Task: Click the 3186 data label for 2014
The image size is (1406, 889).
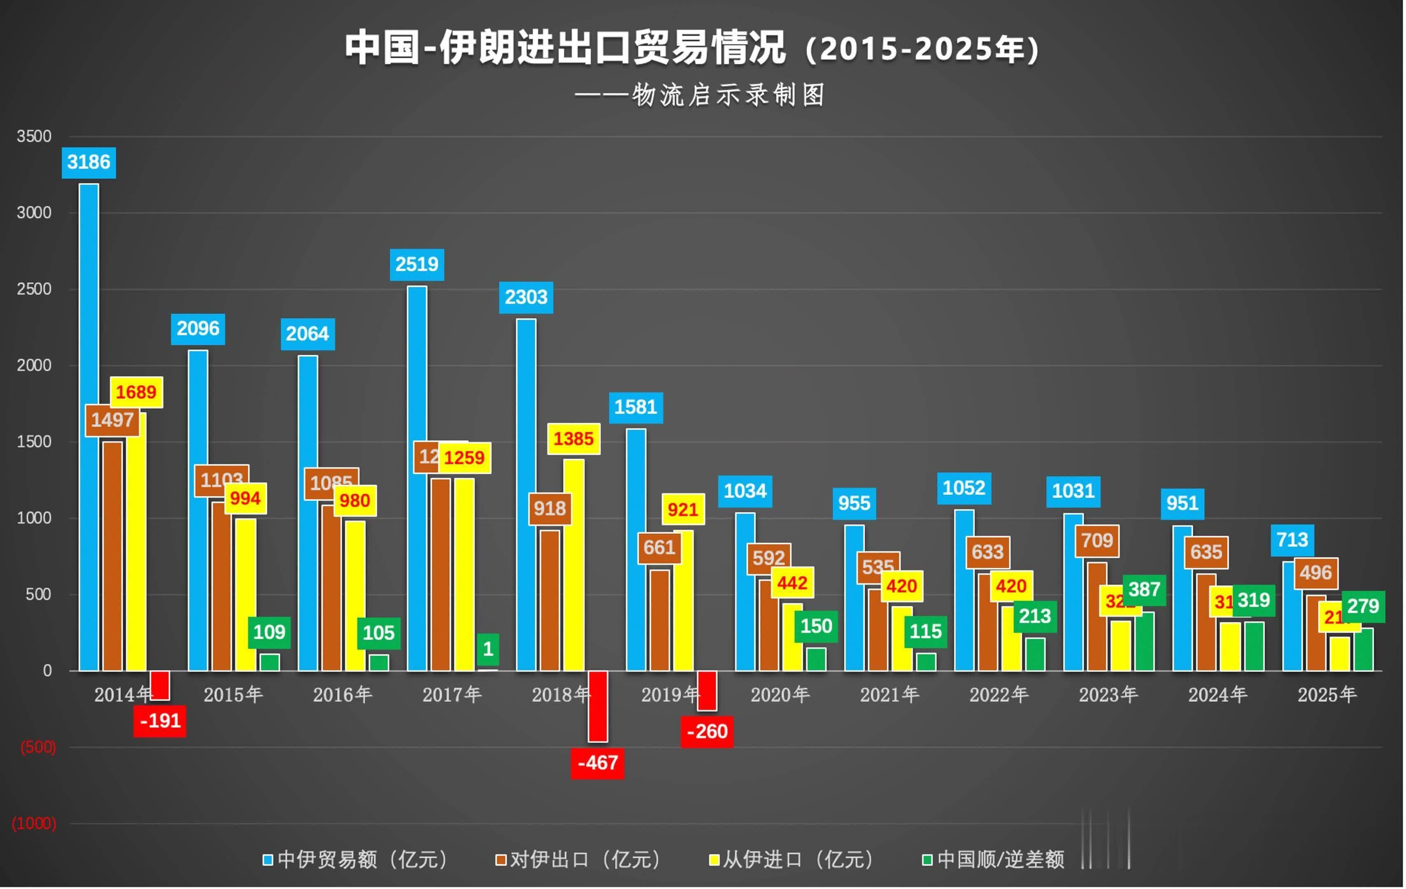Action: point(89,162)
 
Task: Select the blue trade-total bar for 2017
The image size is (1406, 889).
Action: point(417,479)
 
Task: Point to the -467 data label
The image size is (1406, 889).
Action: point(597,763)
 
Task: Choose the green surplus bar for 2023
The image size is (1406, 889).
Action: point(1144,642)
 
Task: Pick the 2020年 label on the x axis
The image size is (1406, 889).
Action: point(780,695)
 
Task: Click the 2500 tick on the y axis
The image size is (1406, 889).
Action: point(34,289)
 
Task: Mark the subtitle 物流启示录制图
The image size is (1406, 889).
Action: point(728,95)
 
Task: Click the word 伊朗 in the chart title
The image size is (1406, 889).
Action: point(477,48)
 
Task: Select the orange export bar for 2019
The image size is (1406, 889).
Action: point(660,620)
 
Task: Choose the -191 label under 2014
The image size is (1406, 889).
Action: point(160,721)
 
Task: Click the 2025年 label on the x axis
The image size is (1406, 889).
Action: point(1327,695)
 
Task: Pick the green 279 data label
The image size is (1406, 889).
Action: point(1363,607)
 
